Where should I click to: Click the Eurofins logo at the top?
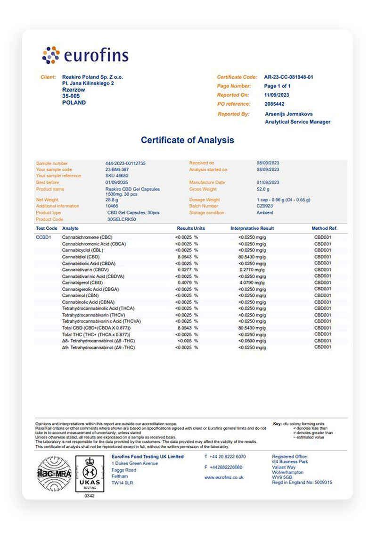tap(85, 55)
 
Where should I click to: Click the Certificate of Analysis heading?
tap(187, 140)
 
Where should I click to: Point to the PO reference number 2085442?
tap(274, 104)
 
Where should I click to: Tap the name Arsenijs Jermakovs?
tap(289, 114)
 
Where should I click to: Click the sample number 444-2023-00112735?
tap(125, 163)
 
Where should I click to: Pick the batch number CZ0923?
tap(265, 206)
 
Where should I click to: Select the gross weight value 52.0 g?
tap(264, 189)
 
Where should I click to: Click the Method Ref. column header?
tap(325, 228)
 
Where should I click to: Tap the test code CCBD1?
tap(43, 237)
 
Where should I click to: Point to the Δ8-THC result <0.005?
tap(185, 341)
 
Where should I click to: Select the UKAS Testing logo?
tap(89, 473)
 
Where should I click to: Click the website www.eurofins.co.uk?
tap(224, 477)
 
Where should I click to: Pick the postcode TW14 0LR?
tap(122, 483)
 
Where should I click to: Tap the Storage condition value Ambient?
tap(265, 213)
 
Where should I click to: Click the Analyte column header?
tap(71, 228)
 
